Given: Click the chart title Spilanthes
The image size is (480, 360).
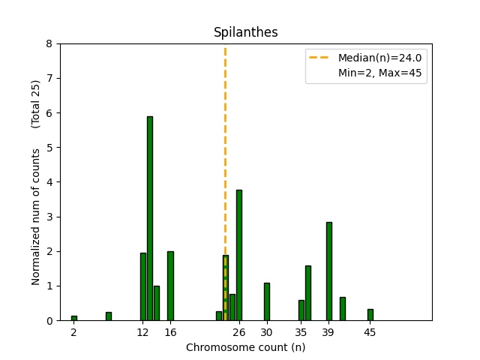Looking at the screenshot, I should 245,32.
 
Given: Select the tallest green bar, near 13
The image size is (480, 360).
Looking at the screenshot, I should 150,218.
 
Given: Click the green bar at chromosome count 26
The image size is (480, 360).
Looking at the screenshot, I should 238,255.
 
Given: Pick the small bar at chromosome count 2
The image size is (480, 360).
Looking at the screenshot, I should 74,318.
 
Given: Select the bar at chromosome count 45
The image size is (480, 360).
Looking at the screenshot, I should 370,315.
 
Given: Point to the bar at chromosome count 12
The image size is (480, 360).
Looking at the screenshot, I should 143,286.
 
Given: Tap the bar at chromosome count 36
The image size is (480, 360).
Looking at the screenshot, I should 307,292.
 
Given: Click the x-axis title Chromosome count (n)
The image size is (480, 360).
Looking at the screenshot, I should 245,347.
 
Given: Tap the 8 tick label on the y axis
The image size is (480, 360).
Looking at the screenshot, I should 49,43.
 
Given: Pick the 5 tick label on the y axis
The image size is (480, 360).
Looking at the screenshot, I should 49,148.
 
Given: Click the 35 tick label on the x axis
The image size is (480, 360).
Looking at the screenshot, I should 301,331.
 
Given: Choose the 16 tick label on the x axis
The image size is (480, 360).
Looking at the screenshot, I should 170,331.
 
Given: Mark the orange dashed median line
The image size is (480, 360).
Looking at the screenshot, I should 225,150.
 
